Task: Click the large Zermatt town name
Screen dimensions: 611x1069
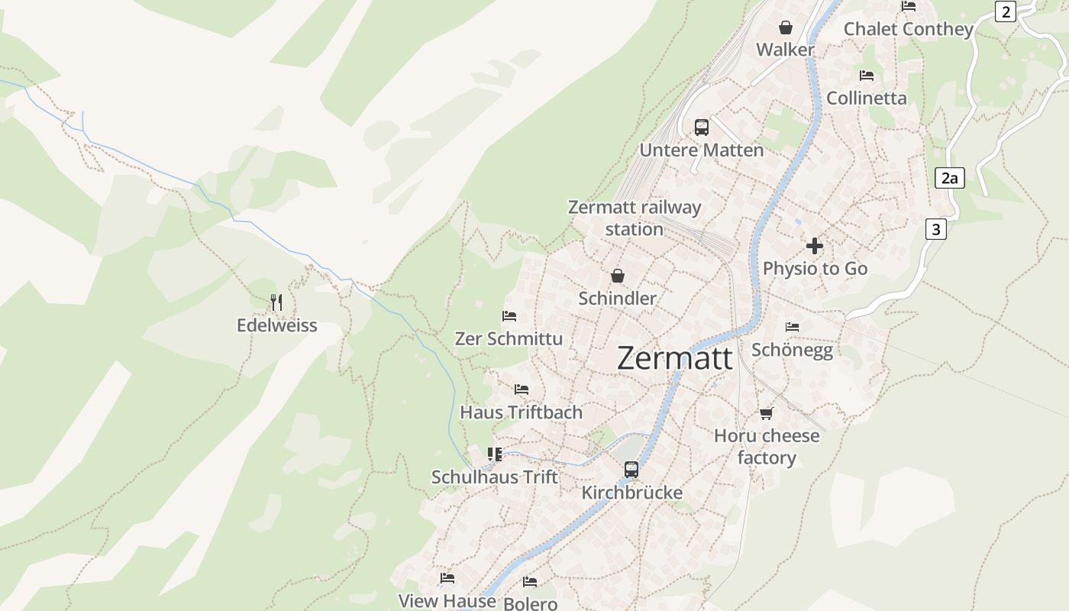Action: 674,358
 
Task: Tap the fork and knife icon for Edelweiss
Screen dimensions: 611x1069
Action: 276,302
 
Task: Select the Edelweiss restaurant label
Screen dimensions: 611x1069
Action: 276,325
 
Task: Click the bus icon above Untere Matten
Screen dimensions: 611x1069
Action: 701,128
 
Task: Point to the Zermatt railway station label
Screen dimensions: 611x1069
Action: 634,218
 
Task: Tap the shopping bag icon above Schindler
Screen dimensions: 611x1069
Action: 617,276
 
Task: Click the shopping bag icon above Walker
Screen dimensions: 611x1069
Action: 785,28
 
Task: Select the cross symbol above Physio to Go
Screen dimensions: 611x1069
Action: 815,246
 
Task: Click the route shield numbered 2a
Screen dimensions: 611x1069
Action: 949,179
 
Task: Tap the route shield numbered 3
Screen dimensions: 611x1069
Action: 936,228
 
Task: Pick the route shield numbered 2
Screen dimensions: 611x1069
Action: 1006,11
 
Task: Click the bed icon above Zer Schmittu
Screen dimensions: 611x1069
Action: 509,316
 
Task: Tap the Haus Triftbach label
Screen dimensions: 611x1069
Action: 521,412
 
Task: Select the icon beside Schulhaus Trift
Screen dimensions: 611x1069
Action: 495,454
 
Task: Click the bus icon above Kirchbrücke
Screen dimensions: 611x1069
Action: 631,470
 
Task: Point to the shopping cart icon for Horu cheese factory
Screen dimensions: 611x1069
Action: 766,413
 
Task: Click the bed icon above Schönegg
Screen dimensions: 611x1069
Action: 792,327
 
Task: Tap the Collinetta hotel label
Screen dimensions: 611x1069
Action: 866,98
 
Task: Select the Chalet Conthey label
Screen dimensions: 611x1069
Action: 908,29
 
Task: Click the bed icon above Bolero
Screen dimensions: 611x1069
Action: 530,582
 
